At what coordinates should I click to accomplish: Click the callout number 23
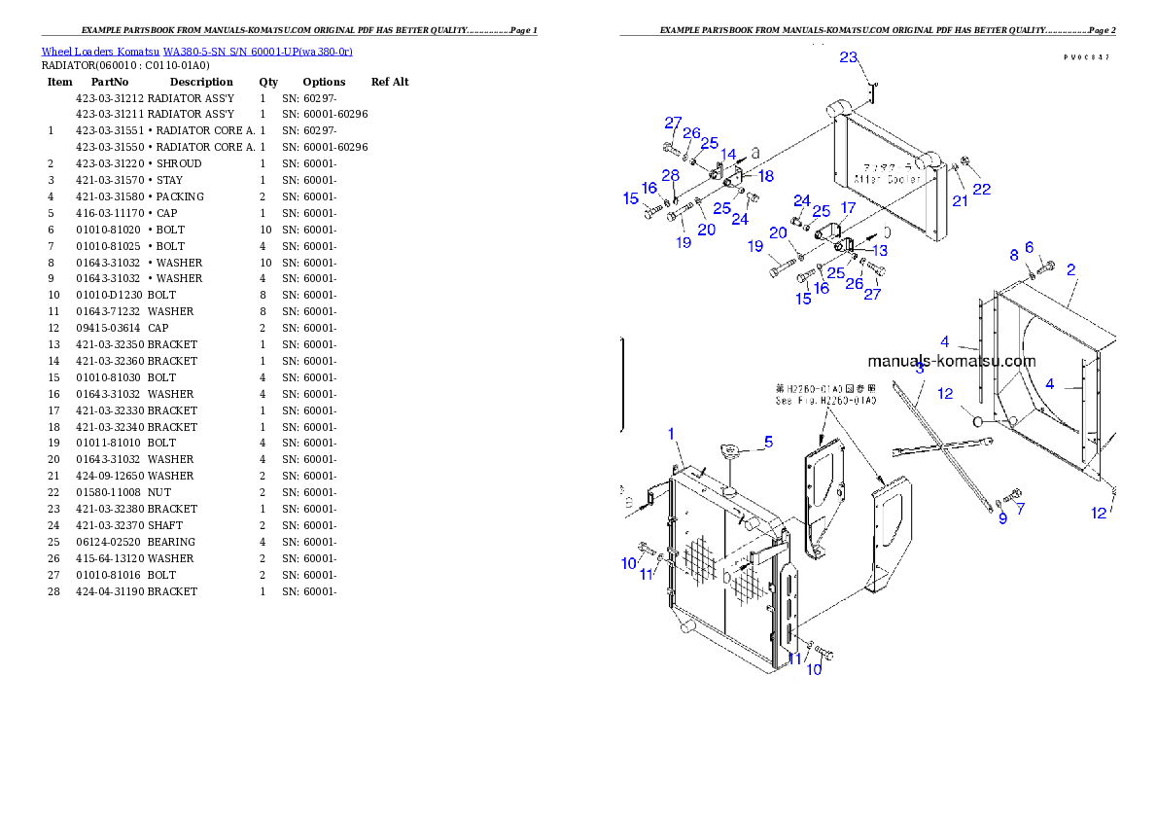click(849, 57)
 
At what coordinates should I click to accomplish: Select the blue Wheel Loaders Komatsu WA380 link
click(196, 51)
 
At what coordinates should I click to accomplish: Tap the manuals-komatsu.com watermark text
click(952, 361)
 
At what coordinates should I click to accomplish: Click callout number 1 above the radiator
click(671, 432)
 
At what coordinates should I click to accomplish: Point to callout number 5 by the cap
click(768, 442)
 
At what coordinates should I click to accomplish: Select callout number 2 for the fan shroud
click(1070, 269)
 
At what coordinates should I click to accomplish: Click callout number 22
click(982, 190)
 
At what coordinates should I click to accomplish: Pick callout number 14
click(728, 155)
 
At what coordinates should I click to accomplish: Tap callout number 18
click(766, 176)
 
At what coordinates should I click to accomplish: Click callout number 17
click(848, 208)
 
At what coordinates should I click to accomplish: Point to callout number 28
click(671, 175)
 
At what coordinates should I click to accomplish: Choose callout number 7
click(1020, 508)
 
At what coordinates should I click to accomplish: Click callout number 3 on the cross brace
click(920, 368)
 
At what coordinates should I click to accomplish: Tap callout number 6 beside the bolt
click(1029, 247)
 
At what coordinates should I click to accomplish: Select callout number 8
click(1013, 255)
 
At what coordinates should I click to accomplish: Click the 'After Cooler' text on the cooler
click(881, 179)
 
